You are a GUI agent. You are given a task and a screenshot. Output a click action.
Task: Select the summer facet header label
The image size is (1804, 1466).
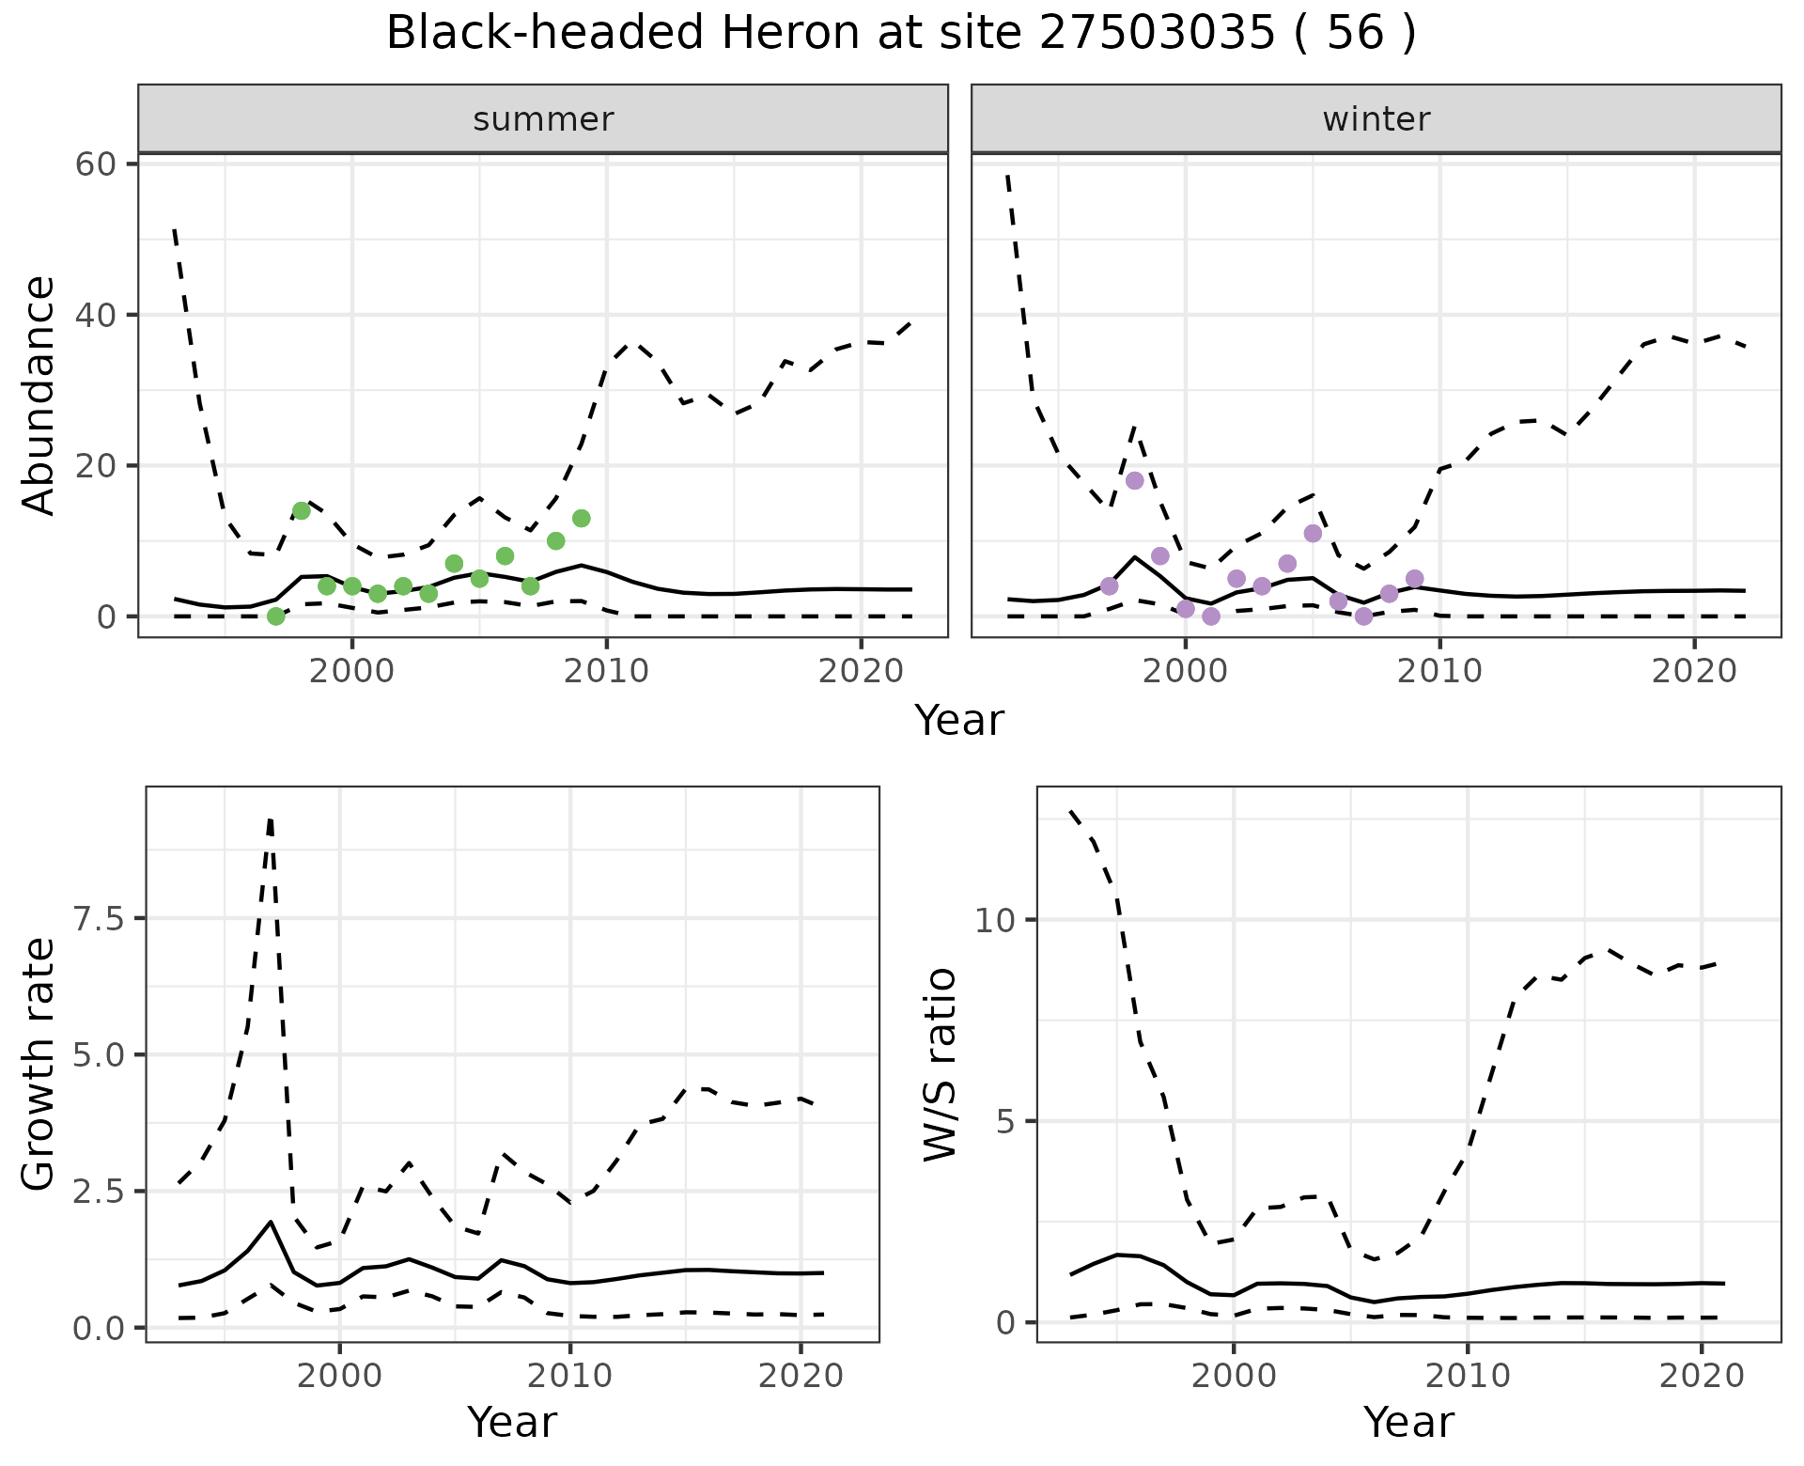543,119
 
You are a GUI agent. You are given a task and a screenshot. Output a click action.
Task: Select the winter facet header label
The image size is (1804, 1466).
1376,119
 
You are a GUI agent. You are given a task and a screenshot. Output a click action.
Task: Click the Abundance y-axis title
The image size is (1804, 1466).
39,396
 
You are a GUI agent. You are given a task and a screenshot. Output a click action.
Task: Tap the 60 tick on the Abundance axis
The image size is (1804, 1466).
95,164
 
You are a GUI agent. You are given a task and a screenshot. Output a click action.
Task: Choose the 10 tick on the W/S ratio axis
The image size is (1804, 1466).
995,920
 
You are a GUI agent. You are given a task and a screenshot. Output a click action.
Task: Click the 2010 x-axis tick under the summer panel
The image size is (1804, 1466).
606,671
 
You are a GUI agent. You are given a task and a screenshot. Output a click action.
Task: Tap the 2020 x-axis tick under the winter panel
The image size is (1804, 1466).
1694,671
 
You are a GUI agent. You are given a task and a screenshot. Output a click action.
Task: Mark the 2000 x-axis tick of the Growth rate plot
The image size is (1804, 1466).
339,1376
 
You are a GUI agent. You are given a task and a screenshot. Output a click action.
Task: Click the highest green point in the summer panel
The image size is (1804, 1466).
302,510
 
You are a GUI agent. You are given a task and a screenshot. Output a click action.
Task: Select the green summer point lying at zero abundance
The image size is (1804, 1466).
276,616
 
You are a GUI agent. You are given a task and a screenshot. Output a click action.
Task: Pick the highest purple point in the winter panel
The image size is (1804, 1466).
1135,480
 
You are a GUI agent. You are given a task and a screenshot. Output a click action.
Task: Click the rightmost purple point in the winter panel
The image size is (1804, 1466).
1415,578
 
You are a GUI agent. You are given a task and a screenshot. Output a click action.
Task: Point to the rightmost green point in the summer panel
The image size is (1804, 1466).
582,518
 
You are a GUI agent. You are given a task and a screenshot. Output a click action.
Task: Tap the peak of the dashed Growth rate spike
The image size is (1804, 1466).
270,820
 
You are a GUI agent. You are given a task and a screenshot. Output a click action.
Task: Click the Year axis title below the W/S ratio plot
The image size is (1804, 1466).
1407,1423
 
